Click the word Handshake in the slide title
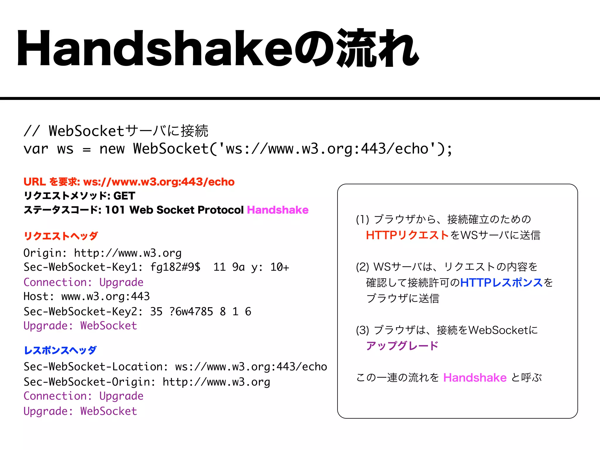tap(155, 48)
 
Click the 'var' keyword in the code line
tap(36, 149)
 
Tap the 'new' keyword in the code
tap(112, 149)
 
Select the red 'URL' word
tap(35, 182)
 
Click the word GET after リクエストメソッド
tap(124, 196)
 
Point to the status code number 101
tap(115, 210)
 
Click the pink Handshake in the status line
tap(277, 210)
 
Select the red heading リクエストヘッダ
tap(61, 236)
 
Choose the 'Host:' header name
tap(39, 296)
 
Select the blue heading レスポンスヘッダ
tap(60, 350)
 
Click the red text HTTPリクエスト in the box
tap(407, 235)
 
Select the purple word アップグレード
tap(402, 346)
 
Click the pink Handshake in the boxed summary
tap(475, 378)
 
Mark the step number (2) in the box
tap(362, 267)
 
